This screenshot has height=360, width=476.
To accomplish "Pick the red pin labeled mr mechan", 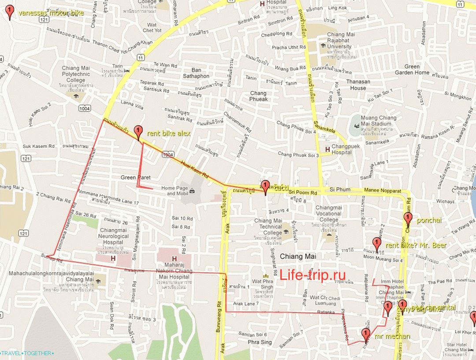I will [x=366, y=335].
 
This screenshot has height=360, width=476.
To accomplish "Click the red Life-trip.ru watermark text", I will [x=312, y=274].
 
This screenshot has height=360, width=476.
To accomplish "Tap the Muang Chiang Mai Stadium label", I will [x=379, y=121].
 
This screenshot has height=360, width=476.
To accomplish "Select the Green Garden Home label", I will [x=412, y=70].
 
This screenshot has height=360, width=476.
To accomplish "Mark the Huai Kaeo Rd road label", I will [x=194, y=169].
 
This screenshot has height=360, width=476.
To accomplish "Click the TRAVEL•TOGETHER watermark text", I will [x=27, y=353].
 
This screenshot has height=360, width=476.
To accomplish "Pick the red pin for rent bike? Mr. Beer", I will [x=377, y=244].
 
